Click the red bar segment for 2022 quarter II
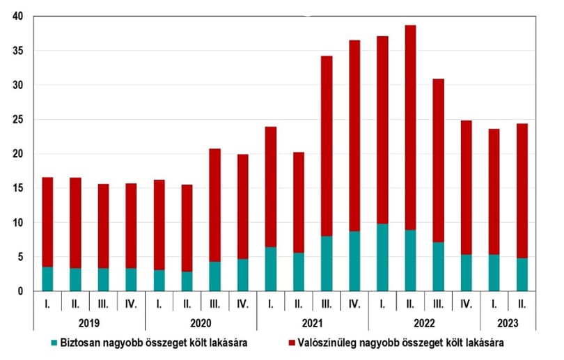pyautogui.click(x=410, y=127)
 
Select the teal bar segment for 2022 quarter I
pyautogui.click(x=382, y=258)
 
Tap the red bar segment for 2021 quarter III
pyautogui.click(x=327, y=146)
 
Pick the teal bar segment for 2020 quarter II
pyautogui.click(x=187, y=281)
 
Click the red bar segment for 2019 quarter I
pyautogui.click(x=47, y=222)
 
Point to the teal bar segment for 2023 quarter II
pyautogui.click(x=522, y=274)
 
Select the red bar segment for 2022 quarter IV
pyautogui.click(x=466, y=188)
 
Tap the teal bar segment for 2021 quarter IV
pyautogui.click(x=354, y=261)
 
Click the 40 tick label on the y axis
pyautogui.click(x=17, y=16)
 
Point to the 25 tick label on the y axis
pyautogui.click(x=17, y=119)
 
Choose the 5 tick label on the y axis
pyautogui.click(x=20, y=257)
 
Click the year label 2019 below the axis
pyautogui.click(x=89, y=323)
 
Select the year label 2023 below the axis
pyautogui.click(x=508, y=323)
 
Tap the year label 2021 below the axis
pyautogui.click(x=313, y=323)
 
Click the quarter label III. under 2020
pyautogui.click(x=214, y=304)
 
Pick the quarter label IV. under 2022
pyautogui.click(x=466, y=304)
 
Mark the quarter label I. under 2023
pyautogui.click(x=494, y=304)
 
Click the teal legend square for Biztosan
pyautogui.click(x=54, y=343)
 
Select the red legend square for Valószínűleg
pyautogui.click(x=292, y=343)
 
